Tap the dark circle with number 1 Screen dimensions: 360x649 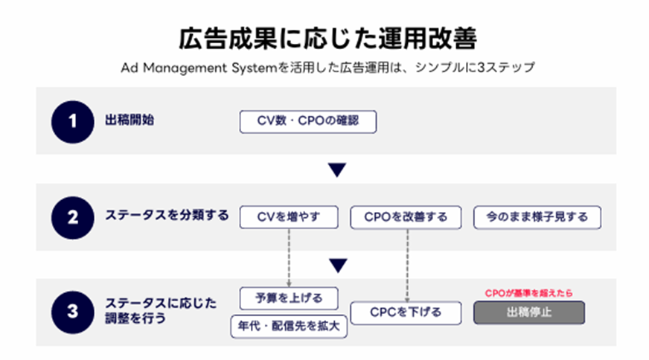coord(71,121)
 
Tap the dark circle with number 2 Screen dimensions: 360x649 coord(71,217)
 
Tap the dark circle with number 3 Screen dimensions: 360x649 coord(71,312)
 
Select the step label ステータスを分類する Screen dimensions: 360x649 coord(165,216)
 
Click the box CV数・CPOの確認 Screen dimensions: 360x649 coord(307,122)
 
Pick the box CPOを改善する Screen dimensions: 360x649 coord(406,217)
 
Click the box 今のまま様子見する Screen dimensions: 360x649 coord(537,217)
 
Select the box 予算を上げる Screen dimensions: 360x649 coord(288,298)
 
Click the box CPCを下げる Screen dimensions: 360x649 coord(406,312)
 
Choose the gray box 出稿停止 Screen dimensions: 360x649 coord(529,312)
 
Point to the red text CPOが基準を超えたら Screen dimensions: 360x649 coord(529,292)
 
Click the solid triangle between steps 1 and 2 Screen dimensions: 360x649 coord(338,171)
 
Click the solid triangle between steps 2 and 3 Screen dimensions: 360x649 coord(338,266)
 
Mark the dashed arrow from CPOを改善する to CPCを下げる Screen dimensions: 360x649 coord(408,264)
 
